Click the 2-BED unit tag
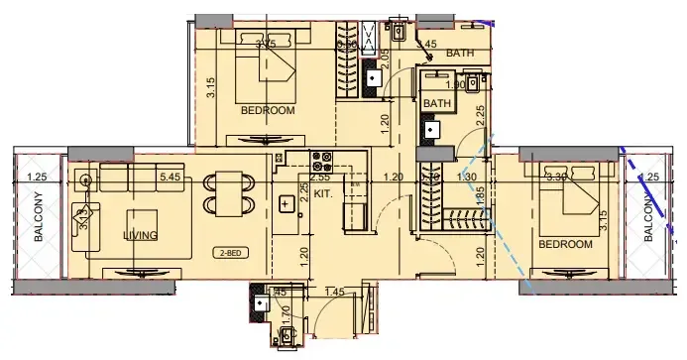tap(234, 253)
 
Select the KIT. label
tap(322, 196)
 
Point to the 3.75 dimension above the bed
tap(265, 44)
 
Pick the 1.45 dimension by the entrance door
tap(333, 291)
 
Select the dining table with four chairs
tap(227, 191)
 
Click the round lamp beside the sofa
tap(86, 181)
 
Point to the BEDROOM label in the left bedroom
tap(268, 111)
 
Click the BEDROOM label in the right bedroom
tap(565, 244)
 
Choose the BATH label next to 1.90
tap(437, 103)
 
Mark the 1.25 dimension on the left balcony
tap(38, 178)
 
